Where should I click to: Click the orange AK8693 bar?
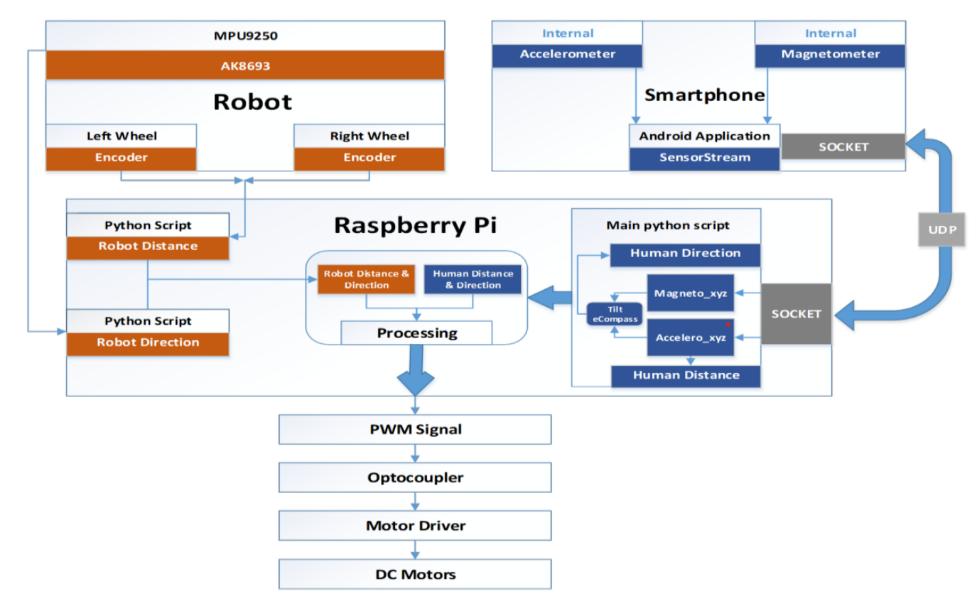coord(245,65)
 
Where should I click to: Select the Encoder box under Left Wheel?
coord(121,158)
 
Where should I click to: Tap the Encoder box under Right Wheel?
coord(369,158)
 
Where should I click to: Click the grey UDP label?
coord(941,231)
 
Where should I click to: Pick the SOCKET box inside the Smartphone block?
coord(843,147)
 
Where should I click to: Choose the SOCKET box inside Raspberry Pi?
coord(796,313)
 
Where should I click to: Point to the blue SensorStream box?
coord(704,158)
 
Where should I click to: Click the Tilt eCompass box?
coord(614,313)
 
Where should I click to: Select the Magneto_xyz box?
coord(690,293)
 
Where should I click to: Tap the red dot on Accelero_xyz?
coord(728,325)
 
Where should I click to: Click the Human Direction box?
coord(685,254)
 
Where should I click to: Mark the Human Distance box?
coord(686,376)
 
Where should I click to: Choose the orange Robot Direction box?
coord(148,342)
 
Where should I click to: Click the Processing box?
coord(416,333)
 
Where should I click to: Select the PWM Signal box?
coord(414,429)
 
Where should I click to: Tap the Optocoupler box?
coord(414,477)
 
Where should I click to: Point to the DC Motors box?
coord(414,574)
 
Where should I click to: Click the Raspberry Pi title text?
coord(416,225)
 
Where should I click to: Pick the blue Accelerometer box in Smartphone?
coord(568,55)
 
